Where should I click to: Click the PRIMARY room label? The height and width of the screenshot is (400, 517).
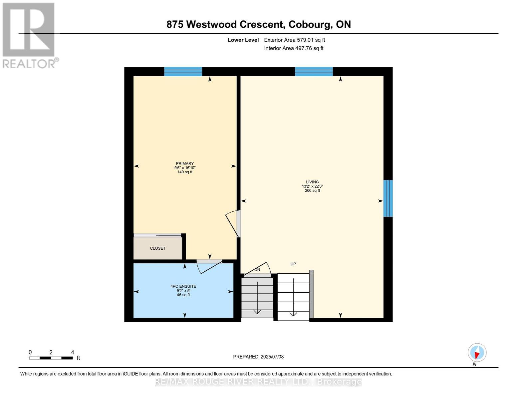(x=185, y=164)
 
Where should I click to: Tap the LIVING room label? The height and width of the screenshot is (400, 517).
(x=312, y=182)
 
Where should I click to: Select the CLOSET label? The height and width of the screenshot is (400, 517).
(x=157, y=248)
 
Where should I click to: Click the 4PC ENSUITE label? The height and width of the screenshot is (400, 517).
(x=183, y=286)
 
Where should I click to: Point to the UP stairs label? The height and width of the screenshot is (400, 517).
(x=293, y=264)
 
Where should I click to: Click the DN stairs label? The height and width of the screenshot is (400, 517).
(x=257, y=270)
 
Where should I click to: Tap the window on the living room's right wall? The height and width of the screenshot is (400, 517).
(x=388, y=198)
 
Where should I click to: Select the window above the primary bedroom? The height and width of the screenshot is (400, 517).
(x=183, y=72)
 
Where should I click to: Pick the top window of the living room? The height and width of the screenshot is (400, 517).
(x=314, y=72)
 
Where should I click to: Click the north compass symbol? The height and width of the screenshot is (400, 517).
(x=477, y=353)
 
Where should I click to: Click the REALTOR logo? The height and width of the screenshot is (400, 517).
(x=29, y=35)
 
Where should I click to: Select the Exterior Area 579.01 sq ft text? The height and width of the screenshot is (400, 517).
(x=294, y=40)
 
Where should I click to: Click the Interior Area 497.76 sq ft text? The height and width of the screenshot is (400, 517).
(x=294, y=48)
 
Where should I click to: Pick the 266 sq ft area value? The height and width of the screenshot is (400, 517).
(x=312, y=191)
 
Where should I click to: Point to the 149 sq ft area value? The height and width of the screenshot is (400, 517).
(x=185, y=172)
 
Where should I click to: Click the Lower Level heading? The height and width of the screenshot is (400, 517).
(x=243, y=40)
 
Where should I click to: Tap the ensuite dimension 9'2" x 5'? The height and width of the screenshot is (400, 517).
(x=183, y=291)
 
